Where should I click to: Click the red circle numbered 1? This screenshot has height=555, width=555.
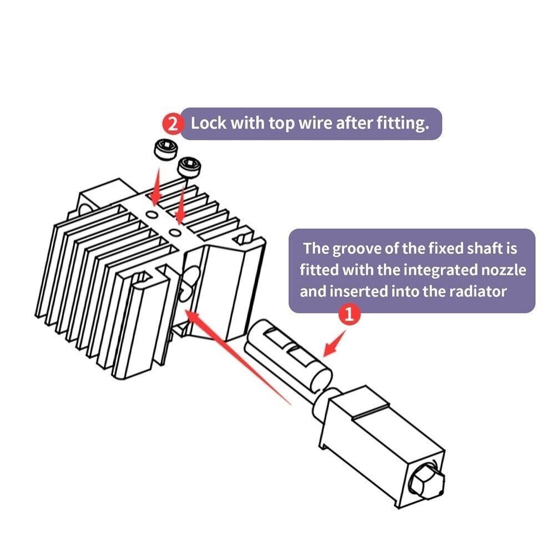(x=349, y=315)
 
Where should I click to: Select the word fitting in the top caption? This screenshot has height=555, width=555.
(x=400, y=123)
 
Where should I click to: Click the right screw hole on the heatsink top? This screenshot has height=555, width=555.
(x=175, y=230)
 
